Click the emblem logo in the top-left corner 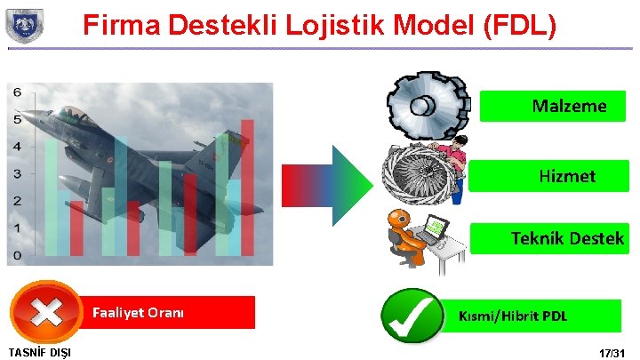tap(25, 25)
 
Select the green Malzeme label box tap(553, 106)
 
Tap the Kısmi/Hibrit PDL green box tap(532, 316)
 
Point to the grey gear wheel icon tap(428, 106)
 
